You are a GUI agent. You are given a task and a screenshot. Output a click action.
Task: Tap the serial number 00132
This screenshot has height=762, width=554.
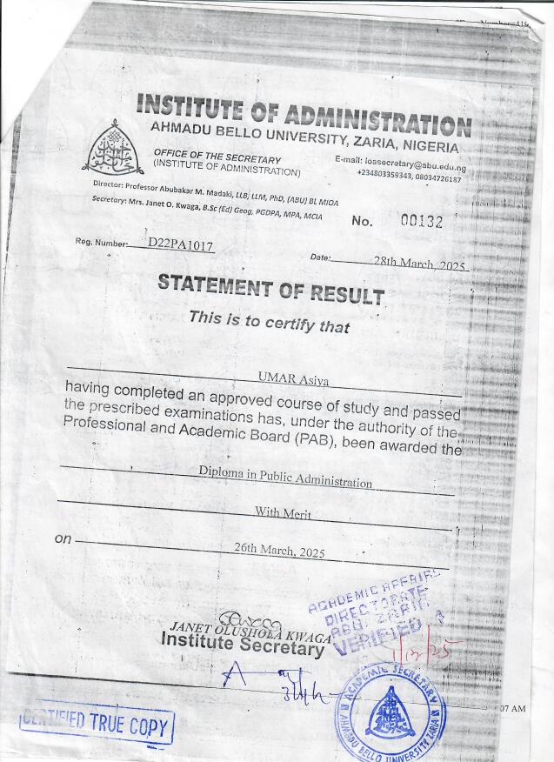(421, 222)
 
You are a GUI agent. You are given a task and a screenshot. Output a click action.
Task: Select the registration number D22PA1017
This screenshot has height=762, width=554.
(181, 245)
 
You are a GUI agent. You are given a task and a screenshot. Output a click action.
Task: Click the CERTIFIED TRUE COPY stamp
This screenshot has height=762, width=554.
(97, 723)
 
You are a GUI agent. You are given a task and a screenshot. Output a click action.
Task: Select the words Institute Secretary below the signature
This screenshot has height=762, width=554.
(242, 645)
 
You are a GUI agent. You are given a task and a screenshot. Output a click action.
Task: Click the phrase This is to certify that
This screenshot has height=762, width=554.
(269, 320)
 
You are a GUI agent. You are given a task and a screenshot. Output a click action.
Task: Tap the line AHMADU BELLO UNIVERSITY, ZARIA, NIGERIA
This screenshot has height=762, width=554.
(305, 136)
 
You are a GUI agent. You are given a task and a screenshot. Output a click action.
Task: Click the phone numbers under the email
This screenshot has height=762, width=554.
(409, 178)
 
